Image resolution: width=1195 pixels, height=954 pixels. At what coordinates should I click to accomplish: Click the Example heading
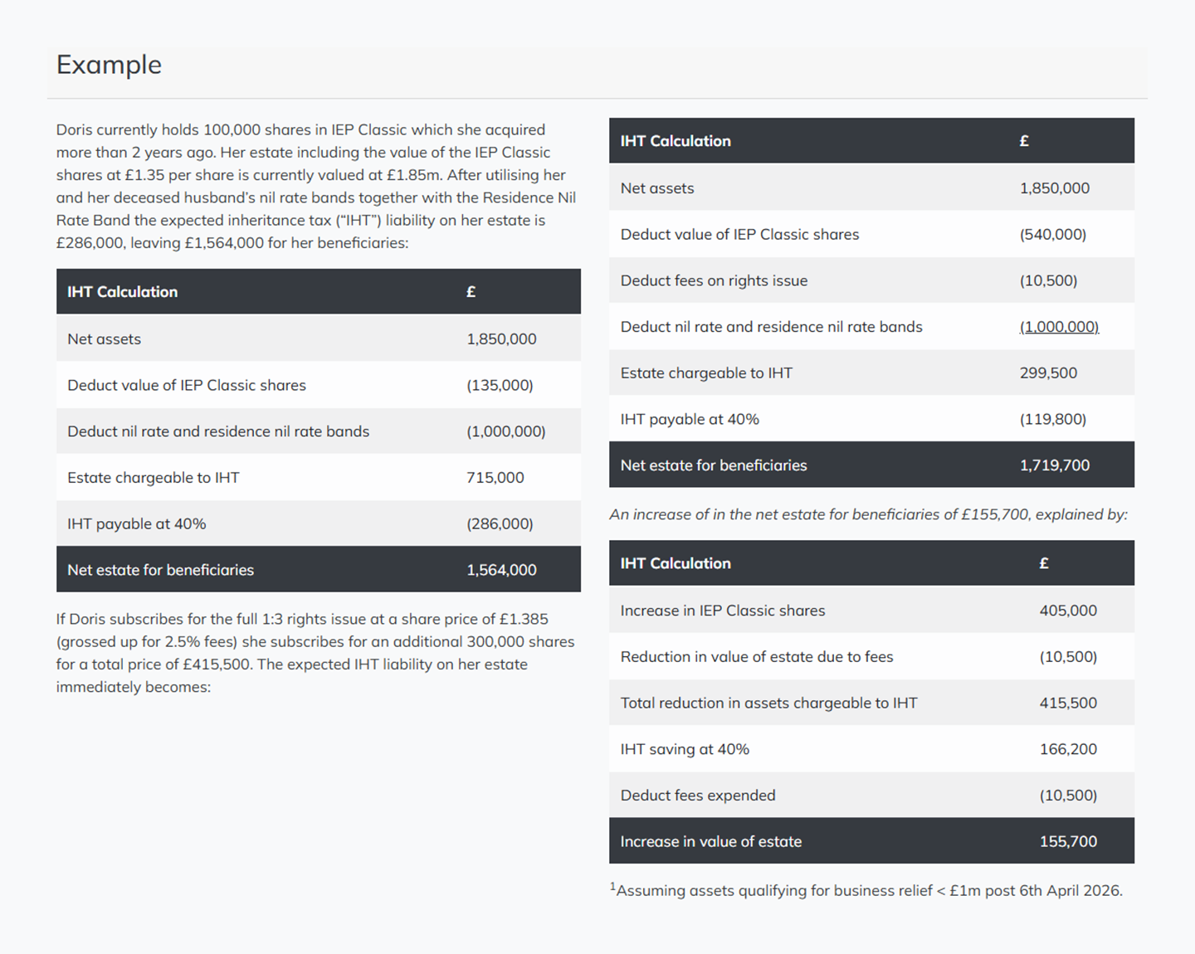click(x=109, y=65)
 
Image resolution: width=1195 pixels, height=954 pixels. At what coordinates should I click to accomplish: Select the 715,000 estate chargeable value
click(x=495, y=478)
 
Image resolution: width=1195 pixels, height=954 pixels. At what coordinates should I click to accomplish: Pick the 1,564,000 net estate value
click(x=501, y=570)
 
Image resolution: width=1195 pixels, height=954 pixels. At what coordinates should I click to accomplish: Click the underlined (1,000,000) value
click(x=1059, y=327)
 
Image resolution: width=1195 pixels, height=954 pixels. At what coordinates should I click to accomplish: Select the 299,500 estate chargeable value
click(x=1048, y=373)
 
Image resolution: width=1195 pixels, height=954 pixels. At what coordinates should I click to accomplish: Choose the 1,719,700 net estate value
click(x=1055, y=465)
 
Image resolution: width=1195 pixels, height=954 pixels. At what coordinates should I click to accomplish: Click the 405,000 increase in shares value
click(x=1068, y=611)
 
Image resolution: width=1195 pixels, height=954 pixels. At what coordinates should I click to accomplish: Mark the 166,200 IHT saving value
click(x=1068, y=749)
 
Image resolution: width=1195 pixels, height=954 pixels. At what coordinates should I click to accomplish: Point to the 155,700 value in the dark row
click(x=1068, y=841)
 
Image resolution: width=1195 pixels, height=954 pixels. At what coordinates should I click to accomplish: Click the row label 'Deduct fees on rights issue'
click(x=714, y=280)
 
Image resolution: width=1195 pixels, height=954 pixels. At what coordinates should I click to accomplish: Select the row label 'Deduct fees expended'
click(x=698, y=796)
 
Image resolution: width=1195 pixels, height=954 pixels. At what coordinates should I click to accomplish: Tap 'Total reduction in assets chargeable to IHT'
click(x=768, y=703)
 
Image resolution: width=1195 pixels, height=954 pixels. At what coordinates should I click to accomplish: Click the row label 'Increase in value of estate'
click(x=711, y=841)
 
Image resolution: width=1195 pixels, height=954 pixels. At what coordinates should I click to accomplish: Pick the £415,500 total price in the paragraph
click(x=217, y=664)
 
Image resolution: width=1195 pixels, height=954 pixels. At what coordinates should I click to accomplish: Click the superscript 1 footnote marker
click(x=612, y=887)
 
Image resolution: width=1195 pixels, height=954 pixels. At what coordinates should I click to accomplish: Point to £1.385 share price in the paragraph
click(x=523, y=619)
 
